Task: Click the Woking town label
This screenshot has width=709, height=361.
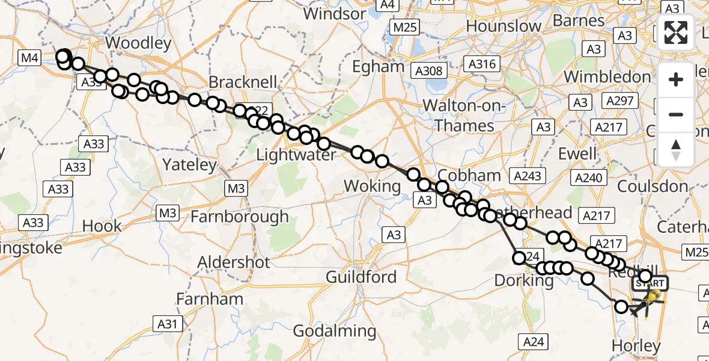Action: click(372, 186)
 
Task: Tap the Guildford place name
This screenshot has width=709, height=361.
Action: click(361, 277)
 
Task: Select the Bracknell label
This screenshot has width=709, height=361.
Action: click(243, 82)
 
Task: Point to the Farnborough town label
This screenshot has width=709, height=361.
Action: click(239, 217)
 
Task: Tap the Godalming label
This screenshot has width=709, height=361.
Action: click(335, 330)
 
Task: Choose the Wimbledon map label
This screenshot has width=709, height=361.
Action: click(607, 77)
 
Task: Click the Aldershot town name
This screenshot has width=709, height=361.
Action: click(234, 262)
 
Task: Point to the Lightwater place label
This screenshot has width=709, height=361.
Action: click(296, 155)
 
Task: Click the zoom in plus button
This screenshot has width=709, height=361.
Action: click(676, 79)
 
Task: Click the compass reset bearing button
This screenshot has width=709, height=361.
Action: click(676, 149)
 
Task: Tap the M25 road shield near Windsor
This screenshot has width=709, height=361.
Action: click(405, 26)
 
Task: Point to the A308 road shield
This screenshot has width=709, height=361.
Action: click(429, 71)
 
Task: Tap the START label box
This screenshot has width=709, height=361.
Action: click(650, 283)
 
